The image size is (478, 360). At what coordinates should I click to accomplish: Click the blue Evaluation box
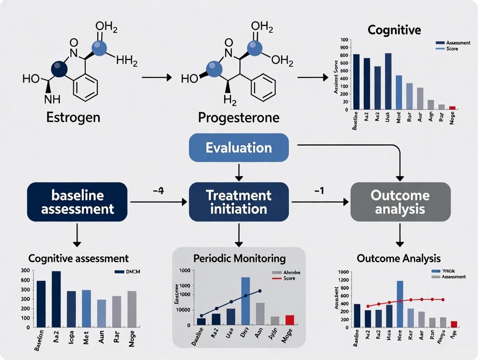click(239, 148)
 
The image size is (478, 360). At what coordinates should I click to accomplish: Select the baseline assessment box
click(78, 202)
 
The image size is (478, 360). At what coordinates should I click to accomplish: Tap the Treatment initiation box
click(239, 202)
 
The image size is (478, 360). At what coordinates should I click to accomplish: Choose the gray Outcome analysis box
click(400, 202)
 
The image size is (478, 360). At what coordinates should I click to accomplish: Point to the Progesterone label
click(239, 117)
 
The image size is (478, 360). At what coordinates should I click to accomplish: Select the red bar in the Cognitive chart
click(452, 108)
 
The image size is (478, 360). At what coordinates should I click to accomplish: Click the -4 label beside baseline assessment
click(158, 191)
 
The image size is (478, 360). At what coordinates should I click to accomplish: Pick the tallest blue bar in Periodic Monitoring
click(245, 301)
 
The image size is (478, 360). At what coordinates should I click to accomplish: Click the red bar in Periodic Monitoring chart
click(289, 320)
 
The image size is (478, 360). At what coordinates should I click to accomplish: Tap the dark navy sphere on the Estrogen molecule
click(59, 68)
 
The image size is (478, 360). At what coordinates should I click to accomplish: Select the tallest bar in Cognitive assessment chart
click(56, 299)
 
